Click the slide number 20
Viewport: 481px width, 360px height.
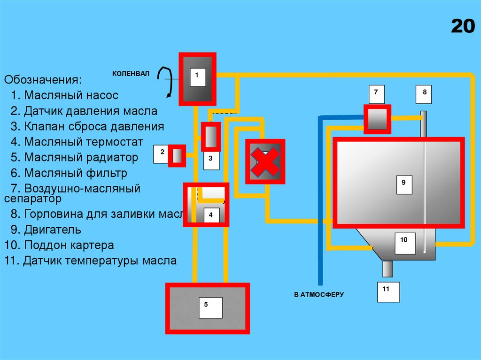coord(463,26)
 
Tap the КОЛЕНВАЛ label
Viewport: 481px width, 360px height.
coord(130,74)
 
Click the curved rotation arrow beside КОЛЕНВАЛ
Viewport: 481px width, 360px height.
coord(164,82)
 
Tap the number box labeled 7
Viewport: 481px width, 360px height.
coord(376,94)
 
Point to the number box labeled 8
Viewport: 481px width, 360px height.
coord(425,94)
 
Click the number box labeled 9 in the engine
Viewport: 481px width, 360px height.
coord(403,184)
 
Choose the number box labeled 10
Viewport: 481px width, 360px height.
coord(404,243)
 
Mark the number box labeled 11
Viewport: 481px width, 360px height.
coord(388,291)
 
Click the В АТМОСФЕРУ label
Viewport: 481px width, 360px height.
coord(319,295)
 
